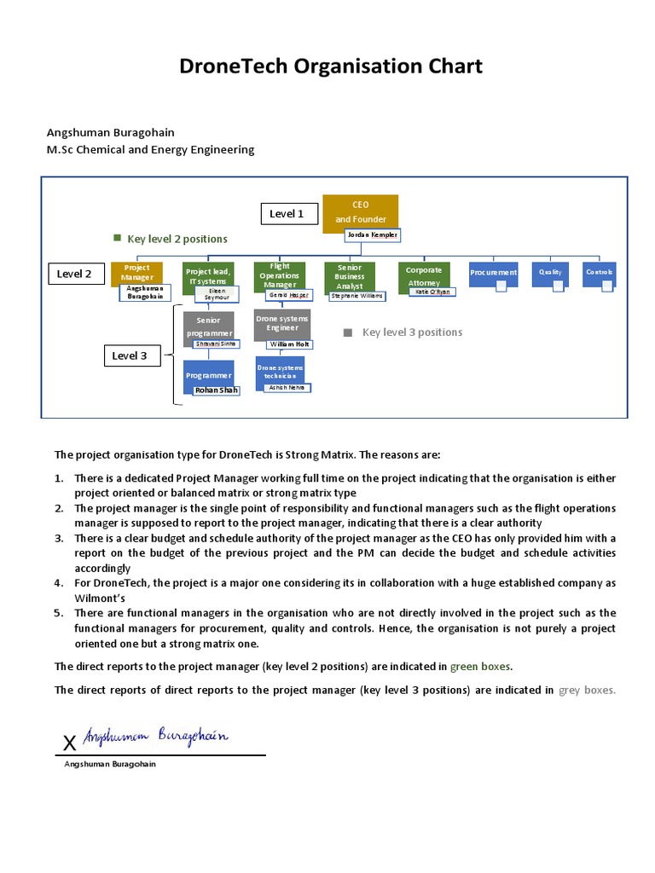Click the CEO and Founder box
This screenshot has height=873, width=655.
(360, 211)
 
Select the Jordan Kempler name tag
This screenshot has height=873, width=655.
(372, 234)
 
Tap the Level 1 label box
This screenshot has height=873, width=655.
(287, 214)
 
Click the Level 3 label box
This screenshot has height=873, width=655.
(130, 356)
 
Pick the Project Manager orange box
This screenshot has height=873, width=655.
(136, 273)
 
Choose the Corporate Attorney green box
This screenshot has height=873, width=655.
(424, 275)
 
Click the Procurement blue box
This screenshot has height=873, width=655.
(493, 273)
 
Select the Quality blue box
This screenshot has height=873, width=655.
(550, 273)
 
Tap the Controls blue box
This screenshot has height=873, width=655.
(600, 273)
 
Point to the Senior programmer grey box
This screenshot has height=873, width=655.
(208, 326)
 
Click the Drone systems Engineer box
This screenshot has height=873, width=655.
(282, 324)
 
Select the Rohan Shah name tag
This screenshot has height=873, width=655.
(217, 390)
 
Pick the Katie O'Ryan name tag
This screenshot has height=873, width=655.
(432, 292)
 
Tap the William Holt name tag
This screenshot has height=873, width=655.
(289, 344)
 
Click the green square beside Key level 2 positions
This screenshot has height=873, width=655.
(118, 238)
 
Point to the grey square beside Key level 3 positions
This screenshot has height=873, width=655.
(348, 332)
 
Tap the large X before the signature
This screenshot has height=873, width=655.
(70, 743)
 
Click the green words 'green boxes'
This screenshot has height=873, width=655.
(481, 667)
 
